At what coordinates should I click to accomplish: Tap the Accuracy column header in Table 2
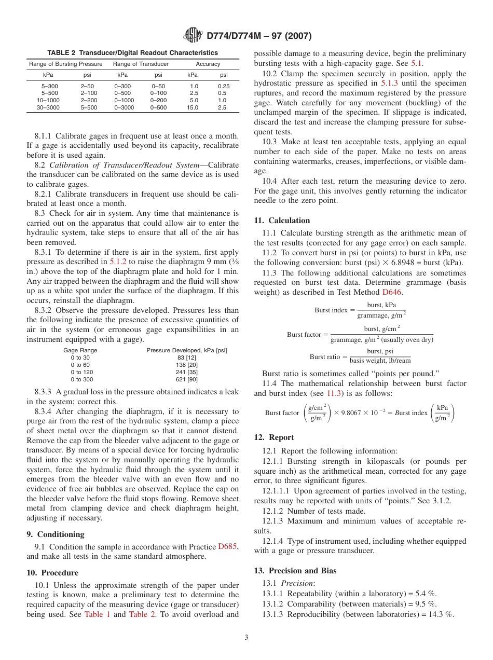[208, 64]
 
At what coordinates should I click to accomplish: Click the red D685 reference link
[227, 546]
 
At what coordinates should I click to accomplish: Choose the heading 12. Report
[274, 437]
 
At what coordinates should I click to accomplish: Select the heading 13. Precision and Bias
[295, 570]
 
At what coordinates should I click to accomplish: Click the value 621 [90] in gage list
[186, 379]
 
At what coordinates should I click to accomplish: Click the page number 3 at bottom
[246, 638]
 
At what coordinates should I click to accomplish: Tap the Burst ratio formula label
[326, 357]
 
